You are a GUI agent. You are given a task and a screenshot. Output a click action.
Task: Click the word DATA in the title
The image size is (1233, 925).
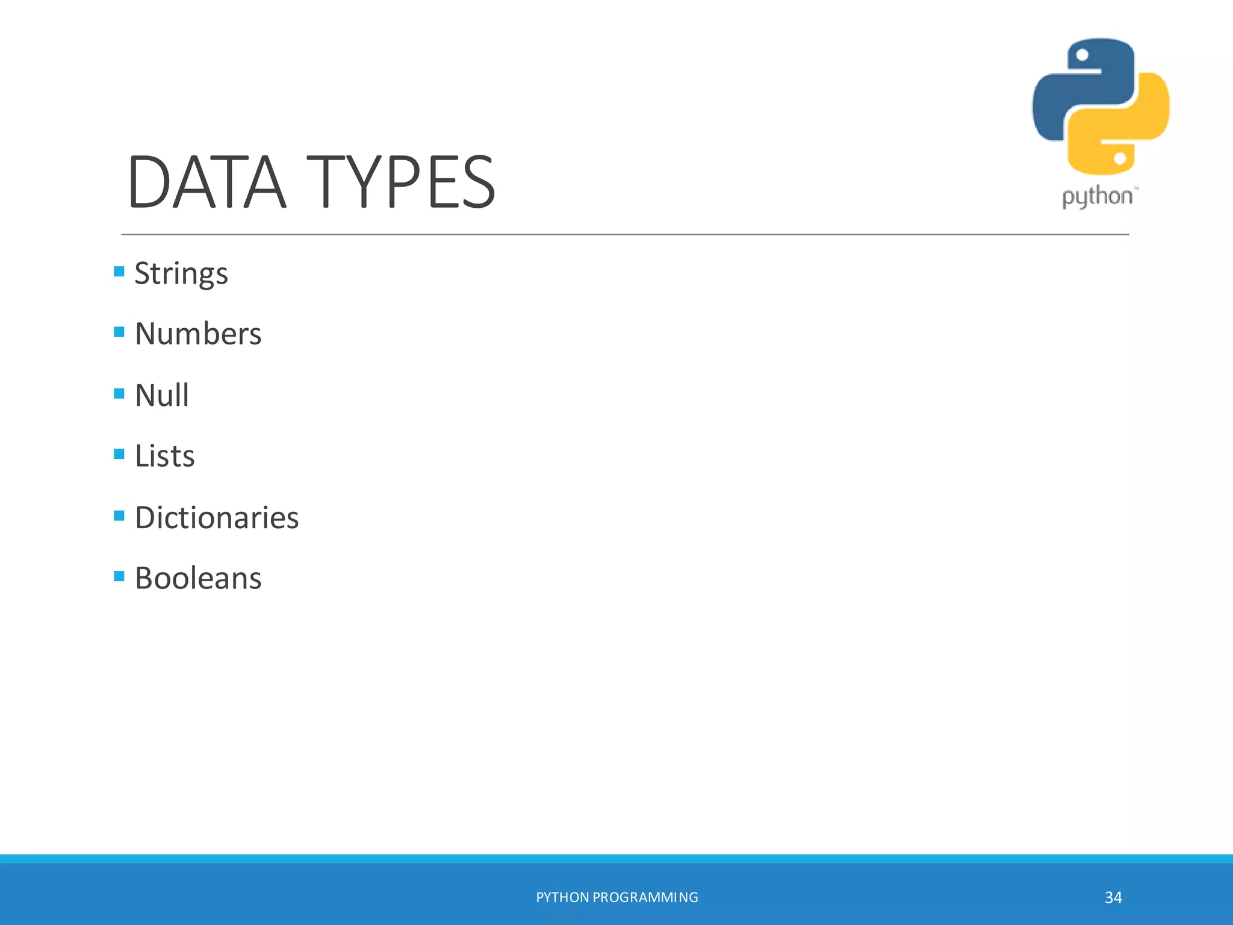[206, 182]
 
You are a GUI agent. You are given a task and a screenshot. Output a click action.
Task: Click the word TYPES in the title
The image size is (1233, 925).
[401, 182]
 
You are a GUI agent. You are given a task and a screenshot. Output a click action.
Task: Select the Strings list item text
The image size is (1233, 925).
[181, 274]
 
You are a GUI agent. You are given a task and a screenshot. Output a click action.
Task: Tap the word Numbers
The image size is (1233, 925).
[198, 334]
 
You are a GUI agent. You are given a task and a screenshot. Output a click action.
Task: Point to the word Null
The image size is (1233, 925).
[162, 395]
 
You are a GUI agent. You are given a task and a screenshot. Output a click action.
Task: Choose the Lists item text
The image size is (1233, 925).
[165, 456]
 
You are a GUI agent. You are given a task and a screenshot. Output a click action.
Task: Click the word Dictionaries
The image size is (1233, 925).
[217, 517]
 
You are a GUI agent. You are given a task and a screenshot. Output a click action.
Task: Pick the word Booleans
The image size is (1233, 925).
[198, 578]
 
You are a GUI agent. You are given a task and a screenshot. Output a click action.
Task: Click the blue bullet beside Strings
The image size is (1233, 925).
[119, 272]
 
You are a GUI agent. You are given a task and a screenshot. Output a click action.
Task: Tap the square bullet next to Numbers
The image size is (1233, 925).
[119, 332]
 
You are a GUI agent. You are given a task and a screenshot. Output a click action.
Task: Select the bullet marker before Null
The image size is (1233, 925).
[119, 394]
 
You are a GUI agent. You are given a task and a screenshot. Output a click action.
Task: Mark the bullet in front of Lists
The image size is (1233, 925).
[119, 454]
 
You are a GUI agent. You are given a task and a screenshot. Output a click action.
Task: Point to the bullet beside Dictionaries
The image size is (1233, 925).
[119, 515]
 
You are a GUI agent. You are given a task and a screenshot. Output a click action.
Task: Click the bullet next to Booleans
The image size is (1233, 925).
[119, 576]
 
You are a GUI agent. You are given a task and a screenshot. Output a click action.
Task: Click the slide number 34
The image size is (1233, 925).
[1113, 897]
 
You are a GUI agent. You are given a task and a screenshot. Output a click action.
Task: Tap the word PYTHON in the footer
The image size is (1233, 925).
[562, 897]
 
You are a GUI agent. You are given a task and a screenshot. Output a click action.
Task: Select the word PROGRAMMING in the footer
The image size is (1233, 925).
[645, 897]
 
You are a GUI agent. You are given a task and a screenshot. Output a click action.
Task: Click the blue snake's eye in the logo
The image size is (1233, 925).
[1082, 55]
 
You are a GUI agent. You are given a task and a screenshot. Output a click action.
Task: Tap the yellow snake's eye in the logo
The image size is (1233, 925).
[1120, 158]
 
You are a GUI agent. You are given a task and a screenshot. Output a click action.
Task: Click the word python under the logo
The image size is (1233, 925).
[1097, 197]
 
